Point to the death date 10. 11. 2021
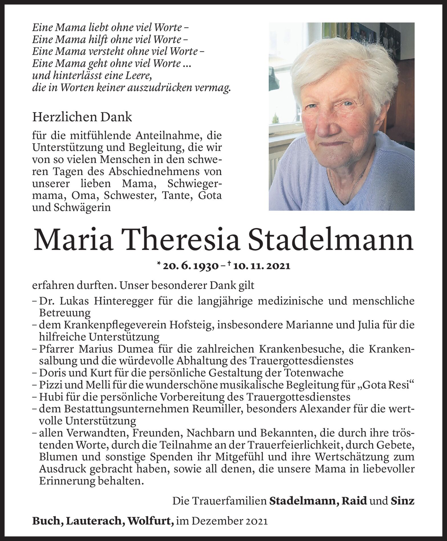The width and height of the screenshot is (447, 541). [262, 266]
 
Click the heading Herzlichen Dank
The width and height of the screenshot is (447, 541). [82, 117]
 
